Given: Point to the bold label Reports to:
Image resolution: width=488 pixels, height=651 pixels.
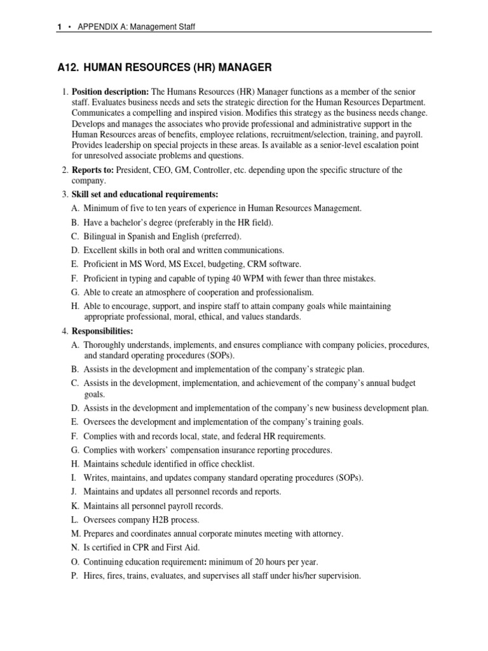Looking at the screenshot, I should coord(92,170).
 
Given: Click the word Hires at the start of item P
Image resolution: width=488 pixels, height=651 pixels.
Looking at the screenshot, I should coord(96,576).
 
